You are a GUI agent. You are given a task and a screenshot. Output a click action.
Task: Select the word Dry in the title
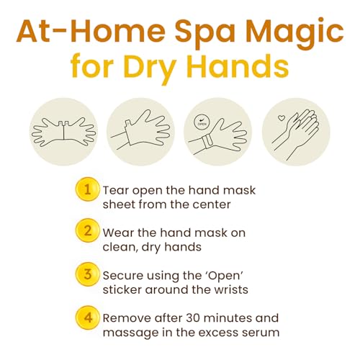coord(149,66)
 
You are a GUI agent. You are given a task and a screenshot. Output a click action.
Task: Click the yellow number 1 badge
coord(87,189)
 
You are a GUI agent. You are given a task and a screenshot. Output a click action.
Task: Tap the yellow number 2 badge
coord(87,231)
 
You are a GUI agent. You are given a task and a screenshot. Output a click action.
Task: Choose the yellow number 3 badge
coord(87,274)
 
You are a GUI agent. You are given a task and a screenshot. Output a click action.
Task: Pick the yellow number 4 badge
coord(87,318)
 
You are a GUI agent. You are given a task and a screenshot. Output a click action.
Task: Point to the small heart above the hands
coord(281,118)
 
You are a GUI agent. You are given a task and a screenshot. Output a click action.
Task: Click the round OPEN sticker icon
coord(202,122)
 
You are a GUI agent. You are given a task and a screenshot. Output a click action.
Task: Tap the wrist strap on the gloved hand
coord(207,142)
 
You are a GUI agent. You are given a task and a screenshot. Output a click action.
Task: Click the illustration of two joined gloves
coord(63,132)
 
